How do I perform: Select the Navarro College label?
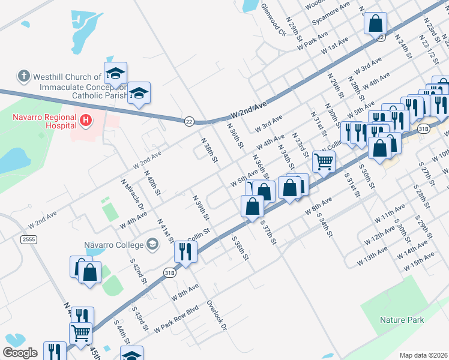point(113,245)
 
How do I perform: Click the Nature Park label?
point(402,320)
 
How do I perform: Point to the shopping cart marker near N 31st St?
point(324,161)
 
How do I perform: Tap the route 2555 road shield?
point(28,239)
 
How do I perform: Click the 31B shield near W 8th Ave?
point(169,272)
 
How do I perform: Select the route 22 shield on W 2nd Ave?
point(189,121)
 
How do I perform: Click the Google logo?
point(20,353)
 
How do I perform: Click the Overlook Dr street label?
point(217,315)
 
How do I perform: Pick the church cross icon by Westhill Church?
point(23,76)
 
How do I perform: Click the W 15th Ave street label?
point(420,260)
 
